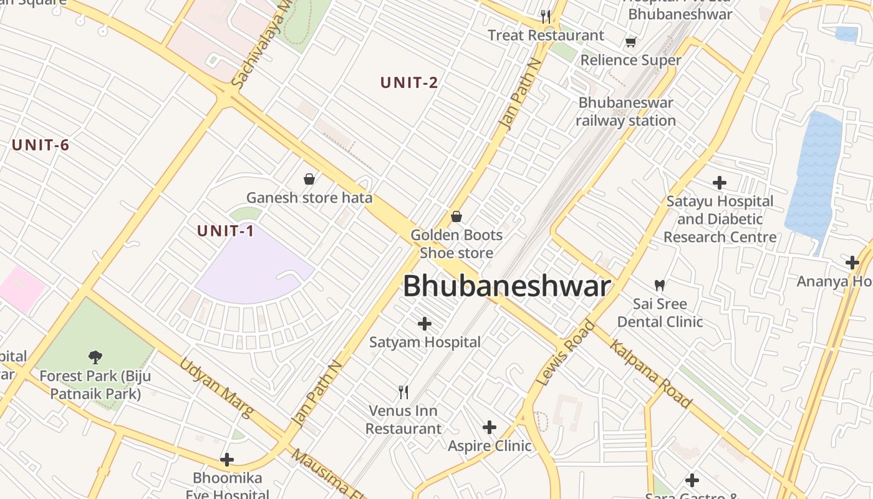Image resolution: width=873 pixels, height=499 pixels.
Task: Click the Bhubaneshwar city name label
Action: click(x=506, y=286)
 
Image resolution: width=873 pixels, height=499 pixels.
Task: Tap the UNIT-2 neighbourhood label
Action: click(x=409, y=82)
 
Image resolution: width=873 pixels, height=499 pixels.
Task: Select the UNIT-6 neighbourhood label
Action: click(x=41, y=145)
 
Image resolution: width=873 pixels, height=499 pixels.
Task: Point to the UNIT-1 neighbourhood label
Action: click(x=226, y=231)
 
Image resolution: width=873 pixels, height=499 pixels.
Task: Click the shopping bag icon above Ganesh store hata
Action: click(x=309, y=179)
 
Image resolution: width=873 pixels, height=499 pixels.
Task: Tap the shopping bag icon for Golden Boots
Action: click(x=456, y=216)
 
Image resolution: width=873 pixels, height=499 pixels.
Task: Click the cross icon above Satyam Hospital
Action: click(x=425, y=324)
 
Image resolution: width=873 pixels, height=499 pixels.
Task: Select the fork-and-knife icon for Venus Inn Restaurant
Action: click(x=403, y=392)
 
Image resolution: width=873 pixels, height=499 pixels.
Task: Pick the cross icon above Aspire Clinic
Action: click(x=490, y=427)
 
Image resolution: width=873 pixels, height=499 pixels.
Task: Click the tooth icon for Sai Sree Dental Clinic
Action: click(x=659, y=286)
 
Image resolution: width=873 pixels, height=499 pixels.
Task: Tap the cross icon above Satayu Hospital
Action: click(x=720, y=183)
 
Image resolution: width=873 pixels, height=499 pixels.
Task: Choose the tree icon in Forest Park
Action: click(x=95, y=357)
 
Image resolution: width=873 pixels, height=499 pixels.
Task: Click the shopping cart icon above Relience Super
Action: click(x=630, y=42)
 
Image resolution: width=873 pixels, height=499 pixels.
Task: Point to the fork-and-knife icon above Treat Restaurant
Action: click(x=546, y=16)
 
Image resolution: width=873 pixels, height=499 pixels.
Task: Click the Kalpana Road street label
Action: click(x=651, y=374)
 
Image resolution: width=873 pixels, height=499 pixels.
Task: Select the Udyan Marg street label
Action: click(x=216, y=387)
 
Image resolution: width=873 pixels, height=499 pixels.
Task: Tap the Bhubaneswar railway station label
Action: click(x=625, y=112)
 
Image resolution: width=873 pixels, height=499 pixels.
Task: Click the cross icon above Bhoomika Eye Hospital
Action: click(x=227, y=460)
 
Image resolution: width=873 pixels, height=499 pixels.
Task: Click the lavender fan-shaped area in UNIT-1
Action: click(x=249, y=268)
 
